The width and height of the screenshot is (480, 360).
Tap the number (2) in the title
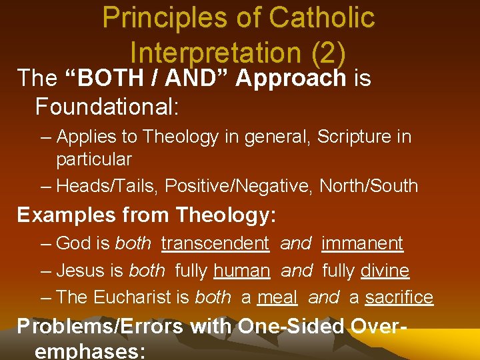pos(324,51)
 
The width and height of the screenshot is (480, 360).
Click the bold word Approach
pos(291,78)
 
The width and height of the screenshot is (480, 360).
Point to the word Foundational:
pos(106,105)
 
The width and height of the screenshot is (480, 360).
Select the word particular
pos(94,159)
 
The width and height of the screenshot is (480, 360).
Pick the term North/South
pos(369,186)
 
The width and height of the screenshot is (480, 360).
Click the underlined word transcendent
pos(215,243)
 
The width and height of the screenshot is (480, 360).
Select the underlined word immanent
pos(362,243)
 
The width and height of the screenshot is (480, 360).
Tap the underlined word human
pos(241,271)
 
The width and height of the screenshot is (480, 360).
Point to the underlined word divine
pos(385,271)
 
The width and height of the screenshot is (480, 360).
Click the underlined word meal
pos(277,297)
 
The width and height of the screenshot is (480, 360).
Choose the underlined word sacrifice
pos(399,297)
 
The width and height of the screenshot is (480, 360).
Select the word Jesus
pos(79,271)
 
